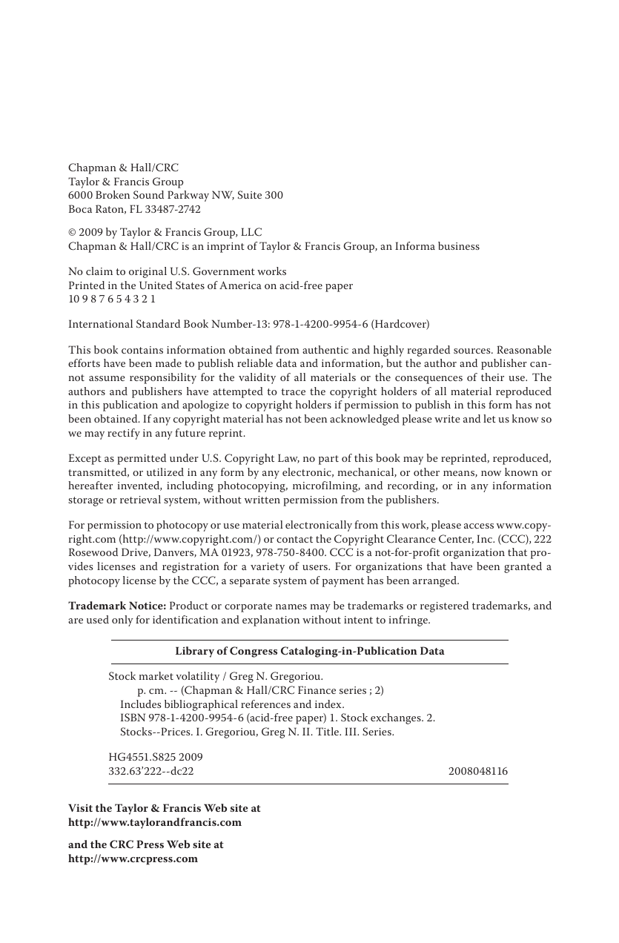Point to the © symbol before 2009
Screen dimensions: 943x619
pyautogui.click(x=72, y=233)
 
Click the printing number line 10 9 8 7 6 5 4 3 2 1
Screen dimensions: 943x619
pyautogui.click(x=112, y=299)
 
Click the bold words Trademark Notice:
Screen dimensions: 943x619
pyautogui.click(x=117, y=606)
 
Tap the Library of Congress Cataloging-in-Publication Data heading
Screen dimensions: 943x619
pyautogui.click(x=309, y=651)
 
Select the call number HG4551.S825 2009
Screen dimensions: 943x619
pyautogui.click(x=156, y=757)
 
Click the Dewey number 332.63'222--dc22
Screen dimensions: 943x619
pyautogui.click(x=151, y=772)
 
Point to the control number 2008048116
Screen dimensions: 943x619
pyautogui.click(x=478, y=772)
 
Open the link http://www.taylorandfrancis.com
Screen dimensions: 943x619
pyautogui.click(x=155, y=822)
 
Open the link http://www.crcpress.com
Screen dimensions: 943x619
pyautogui.click(x=133, y=858)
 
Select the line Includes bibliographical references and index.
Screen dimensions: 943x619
pyautogui.click(x=232, y=704)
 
